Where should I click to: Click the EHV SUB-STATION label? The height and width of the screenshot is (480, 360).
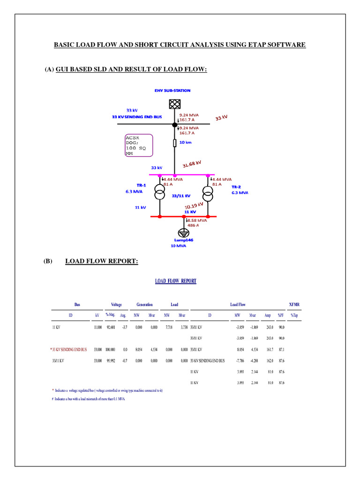point(172,90)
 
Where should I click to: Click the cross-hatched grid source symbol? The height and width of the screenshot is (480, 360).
point(174,104)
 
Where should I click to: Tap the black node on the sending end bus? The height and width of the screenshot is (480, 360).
point(174,125)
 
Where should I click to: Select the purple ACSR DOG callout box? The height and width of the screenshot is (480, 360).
point(139,145)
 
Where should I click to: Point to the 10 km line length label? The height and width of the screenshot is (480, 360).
point(185,142)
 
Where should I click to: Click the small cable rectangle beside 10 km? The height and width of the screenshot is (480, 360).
point(174,143)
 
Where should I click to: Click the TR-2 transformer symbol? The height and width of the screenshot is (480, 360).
point(208,192)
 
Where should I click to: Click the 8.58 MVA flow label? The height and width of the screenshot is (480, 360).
point(197,220)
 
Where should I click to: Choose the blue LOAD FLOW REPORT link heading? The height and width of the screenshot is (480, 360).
point(176,281)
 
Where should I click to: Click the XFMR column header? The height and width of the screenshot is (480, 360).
point(294,305)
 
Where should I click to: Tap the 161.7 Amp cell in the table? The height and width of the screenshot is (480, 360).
point(268,350)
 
